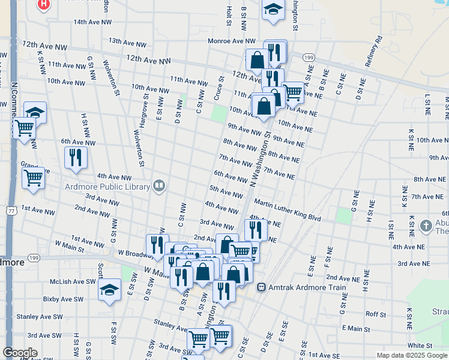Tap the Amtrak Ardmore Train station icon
(261, 287)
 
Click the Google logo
(20, 353)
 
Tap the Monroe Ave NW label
(231, 41)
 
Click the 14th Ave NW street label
(92, 22)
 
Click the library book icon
(158, 186)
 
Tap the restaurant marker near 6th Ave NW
(76, 157)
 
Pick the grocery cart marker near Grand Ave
(33, 178)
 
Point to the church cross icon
(426, 226)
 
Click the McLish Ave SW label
(72, 281)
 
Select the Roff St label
(376, 314)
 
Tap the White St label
(420, 346)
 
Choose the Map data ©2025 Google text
(412, 355)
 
